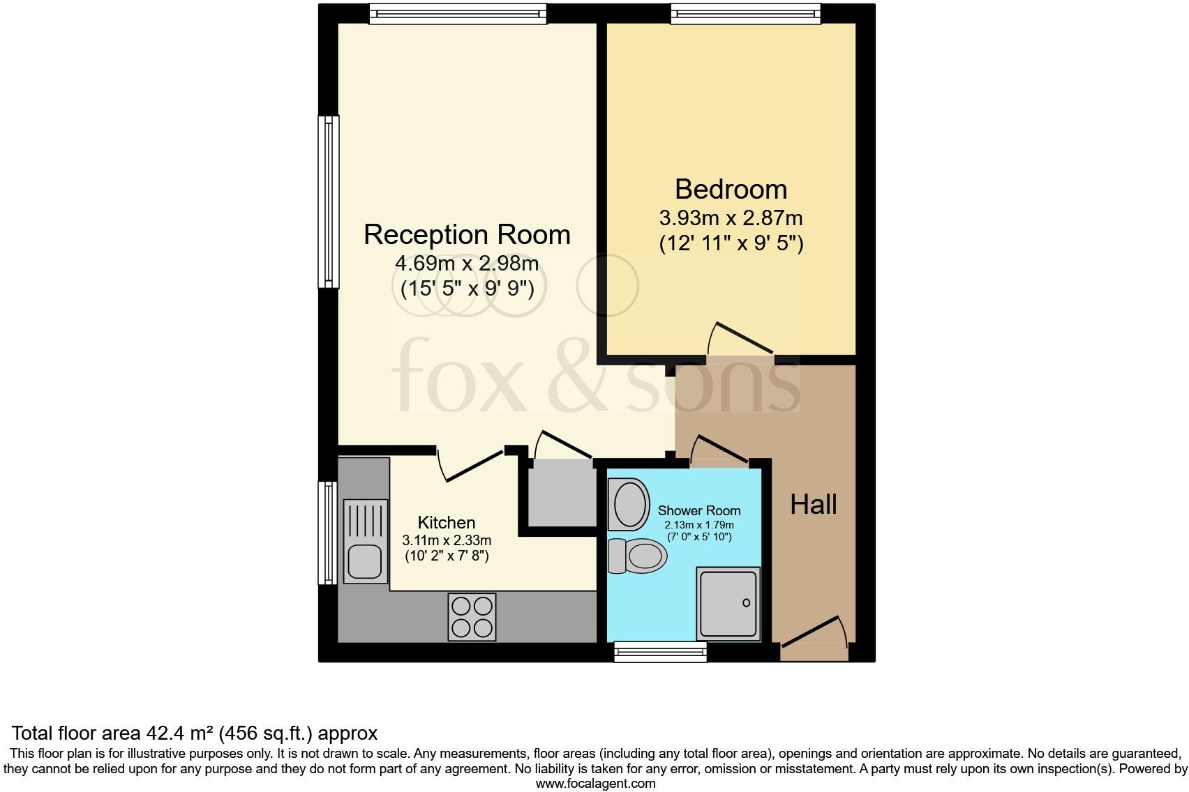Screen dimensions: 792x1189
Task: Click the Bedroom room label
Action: tap(731, 190)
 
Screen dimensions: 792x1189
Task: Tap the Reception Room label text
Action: tap(467, 234)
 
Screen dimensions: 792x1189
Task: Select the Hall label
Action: tap(813, 504)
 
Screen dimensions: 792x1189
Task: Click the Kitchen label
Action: tap(447, 522)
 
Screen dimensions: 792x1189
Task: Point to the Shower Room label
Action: tap(699, 510)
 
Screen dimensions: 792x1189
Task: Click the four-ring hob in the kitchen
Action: tap(472, 617)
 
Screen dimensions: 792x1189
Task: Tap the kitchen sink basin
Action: tap(364, 561)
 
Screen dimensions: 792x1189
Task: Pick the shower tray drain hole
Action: tap(746, 602)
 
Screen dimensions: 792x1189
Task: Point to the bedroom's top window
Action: tap(745, 13)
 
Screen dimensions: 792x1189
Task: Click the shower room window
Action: tap(660, 652)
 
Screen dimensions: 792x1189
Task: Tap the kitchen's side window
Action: tap(328, 532)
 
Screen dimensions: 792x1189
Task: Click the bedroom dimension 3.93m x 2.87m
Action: tap(731, 218)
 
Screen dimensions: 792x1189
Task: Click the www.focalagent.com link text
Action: tap(595, 783)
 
